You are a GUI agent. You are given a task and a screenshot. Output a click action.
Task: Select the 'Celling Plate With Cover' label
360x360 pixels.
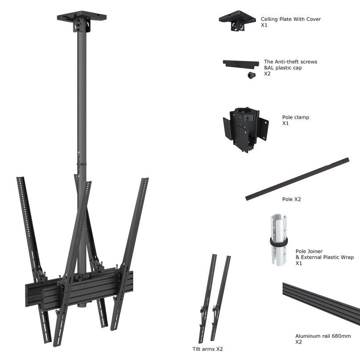tap(291, 19)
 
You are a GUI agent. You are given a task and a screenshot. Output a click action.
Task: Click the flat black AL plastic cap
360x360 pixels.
tap(240, 64)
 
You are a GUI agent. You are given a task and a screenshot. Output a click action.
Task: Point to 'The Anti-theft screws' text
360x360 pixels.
tap(291, 62)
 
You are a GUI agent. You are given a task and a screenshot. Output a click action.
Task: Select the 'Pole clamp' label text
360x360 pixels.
tap(296, 117)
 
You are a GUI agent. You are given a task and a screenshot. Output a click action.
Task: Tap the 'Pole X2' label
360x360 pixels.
tap(292, 199)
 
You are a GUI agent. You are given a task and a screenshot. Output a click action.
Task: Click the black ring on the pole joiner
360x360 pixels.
tap(279, 242)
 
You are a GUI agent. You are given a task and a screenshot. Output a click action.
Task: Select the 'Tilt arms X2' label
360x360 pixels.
tap(208, 349)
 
